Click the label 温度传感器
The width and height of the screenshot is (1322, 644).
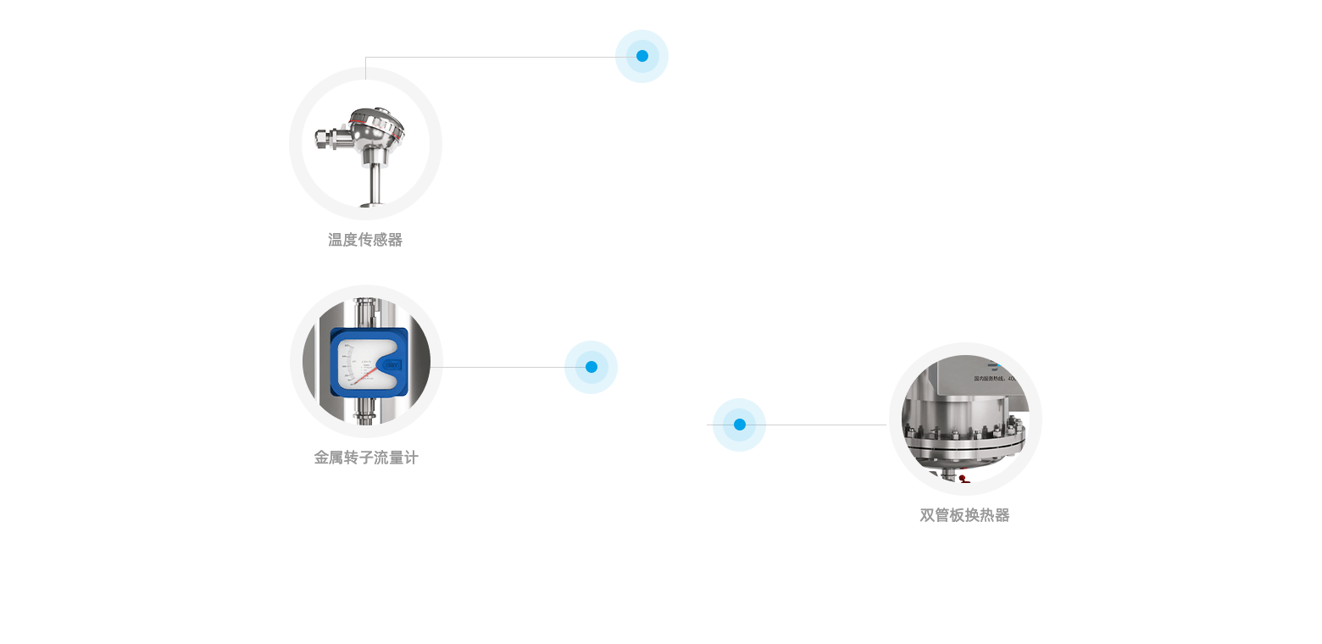click(x=365, y=240)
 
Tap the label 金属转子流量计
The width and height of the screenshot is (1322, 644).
click(x=366, y=458)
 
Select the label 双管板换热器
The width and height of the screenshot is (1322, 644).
click(x=964, y=515)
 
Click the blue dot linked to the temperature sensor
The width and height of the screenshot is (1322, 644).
click(x=642, y=57)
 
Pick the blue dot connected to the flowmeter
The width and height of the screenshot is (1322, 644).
click(x=591, y=367)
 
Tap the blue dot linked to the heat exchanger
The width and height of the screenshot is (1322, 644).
click(x=739, y=425)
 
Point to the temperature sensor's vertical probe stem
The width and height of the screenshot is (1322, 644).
click(x=373, y=182)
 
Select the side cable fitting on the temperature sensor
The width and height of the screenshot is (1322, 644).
click(x=325, y=137)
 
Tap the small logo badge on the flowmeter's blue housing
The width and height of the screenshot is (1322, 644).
click(x=392, y=364)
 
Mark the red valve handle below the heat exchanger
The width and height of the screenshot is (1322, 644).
click(x=964, y=479)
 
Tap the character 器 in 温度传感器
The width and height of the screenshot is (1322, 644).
click(x=395, y=240)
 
